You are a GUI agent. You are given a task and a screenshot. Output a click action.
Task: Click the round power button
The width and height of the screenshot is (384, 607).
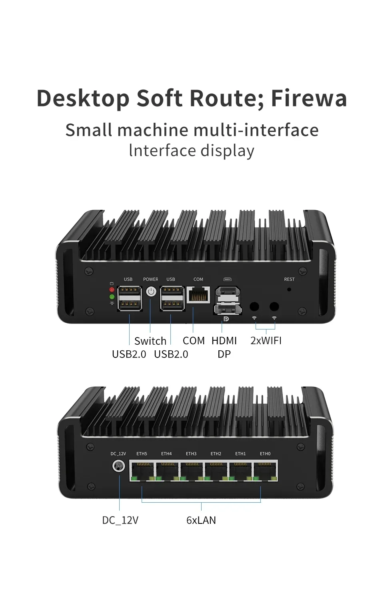151,292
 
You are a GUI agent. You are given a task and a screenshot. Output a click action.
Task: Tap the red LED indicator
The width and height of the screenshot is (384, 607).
112,290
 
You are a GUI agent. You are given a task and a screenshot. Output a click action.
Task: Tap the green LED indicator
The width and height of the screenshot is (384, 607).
112,297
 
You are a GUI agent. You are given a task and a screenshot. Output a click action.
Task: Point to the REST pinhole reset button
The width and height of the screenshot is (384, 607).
289,289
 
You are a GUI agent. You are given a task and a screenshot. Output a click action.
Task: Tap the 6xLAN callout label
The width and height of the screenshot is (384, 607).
201,520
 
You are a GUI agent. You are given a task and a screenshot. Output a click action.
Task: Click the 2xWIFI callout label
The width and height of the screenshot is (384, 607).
266,341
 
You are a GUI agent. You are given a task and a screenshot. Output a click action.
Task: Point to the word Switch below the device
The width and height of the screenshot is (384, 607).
150,341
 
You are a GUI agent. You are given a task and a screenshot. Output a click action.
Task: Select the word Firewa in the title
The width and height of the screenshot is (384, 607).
309,98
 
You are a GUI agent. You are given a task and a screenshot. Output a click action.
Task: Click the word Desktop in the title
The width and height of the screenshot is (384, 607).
83,98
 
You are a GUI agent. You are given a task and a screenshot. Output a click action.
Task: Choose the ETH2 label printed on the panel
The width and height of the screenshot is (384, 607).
216,454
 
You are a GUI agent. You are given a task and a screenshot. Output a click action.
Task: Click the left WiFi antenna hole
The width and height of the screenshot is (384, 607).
254,307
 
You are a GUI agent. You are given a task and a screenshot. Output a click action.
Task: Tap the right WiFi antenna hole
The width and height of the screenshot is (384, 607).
274,307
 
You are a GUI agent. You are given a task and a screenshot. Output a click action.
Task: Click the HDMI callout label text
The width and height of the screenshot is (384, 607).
224,341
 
